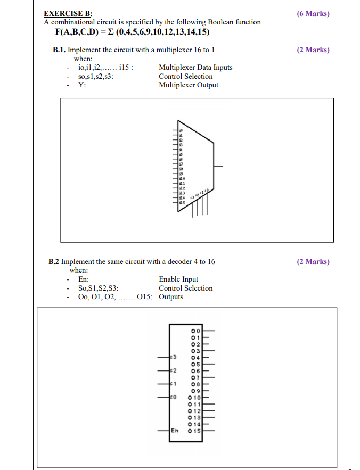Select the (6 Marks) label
point(313,13)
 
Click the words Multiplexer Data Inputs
point(195,67)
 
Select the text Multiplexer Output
point(189,85)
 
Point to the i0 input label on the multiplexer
point(181,130)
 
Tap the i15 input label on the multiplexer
point(182,203)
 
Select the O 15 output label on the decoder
point(195,430)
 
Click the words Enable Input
point(178,279)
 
